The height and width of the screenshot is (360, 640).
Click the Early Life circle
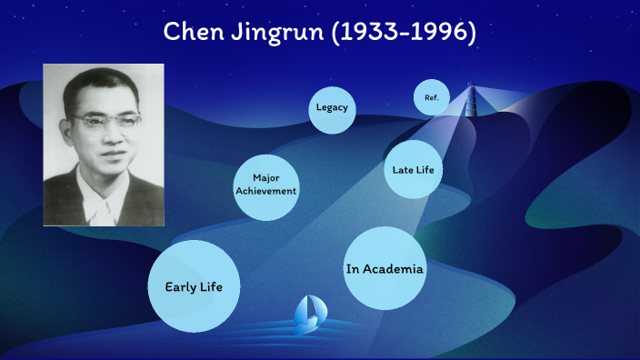pos(194,286)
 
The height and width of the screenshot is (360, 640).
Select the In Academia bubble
pos(385,269)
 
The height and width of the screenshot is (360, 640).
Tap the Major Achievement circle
pos(265,185)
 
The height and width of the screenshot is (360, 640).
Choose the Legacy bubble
pos(332,108)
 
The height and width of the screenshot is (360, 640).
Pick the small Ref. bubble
pos(431,96)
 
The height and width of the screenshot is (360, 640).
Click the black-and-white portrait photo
pos(103,144)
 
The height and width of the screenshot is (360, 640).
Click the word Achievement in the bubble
pos(265,191)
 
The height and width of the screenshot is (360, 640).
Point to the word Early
pos(180,287)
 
